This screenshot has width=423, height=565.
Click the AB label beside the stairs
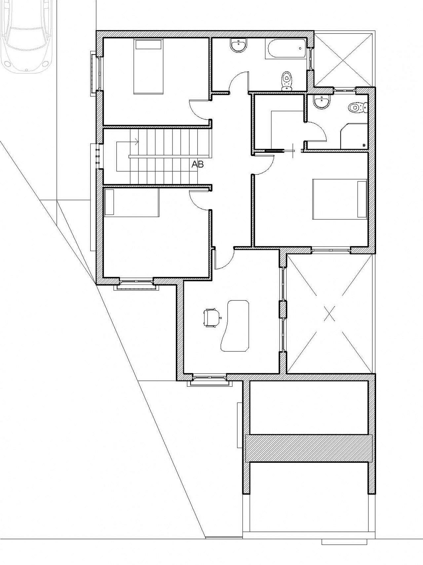[x=198, y=164]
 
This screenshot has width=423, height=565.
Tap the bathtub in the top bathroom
[x=286, y=49]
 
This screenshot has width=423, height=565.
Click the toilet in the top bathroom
[x=287, y=81]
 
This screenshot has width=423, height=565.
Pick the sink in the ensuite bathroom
[x=322, y=102]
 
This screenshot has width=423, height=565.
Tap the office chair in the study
[x=212, y=318]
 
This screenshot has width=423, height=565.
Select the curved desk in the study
[x=234, y=326]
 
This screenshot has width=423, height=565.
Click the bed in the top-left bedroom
[x=148, y=66]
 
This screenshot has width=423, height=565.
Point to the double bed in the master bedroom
[x=340, y=199]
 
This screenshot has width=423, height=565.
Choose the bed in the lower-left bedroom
[x=132, y=202]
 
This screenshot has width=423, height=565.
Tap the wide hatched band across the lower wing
[x=309, y=448]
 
